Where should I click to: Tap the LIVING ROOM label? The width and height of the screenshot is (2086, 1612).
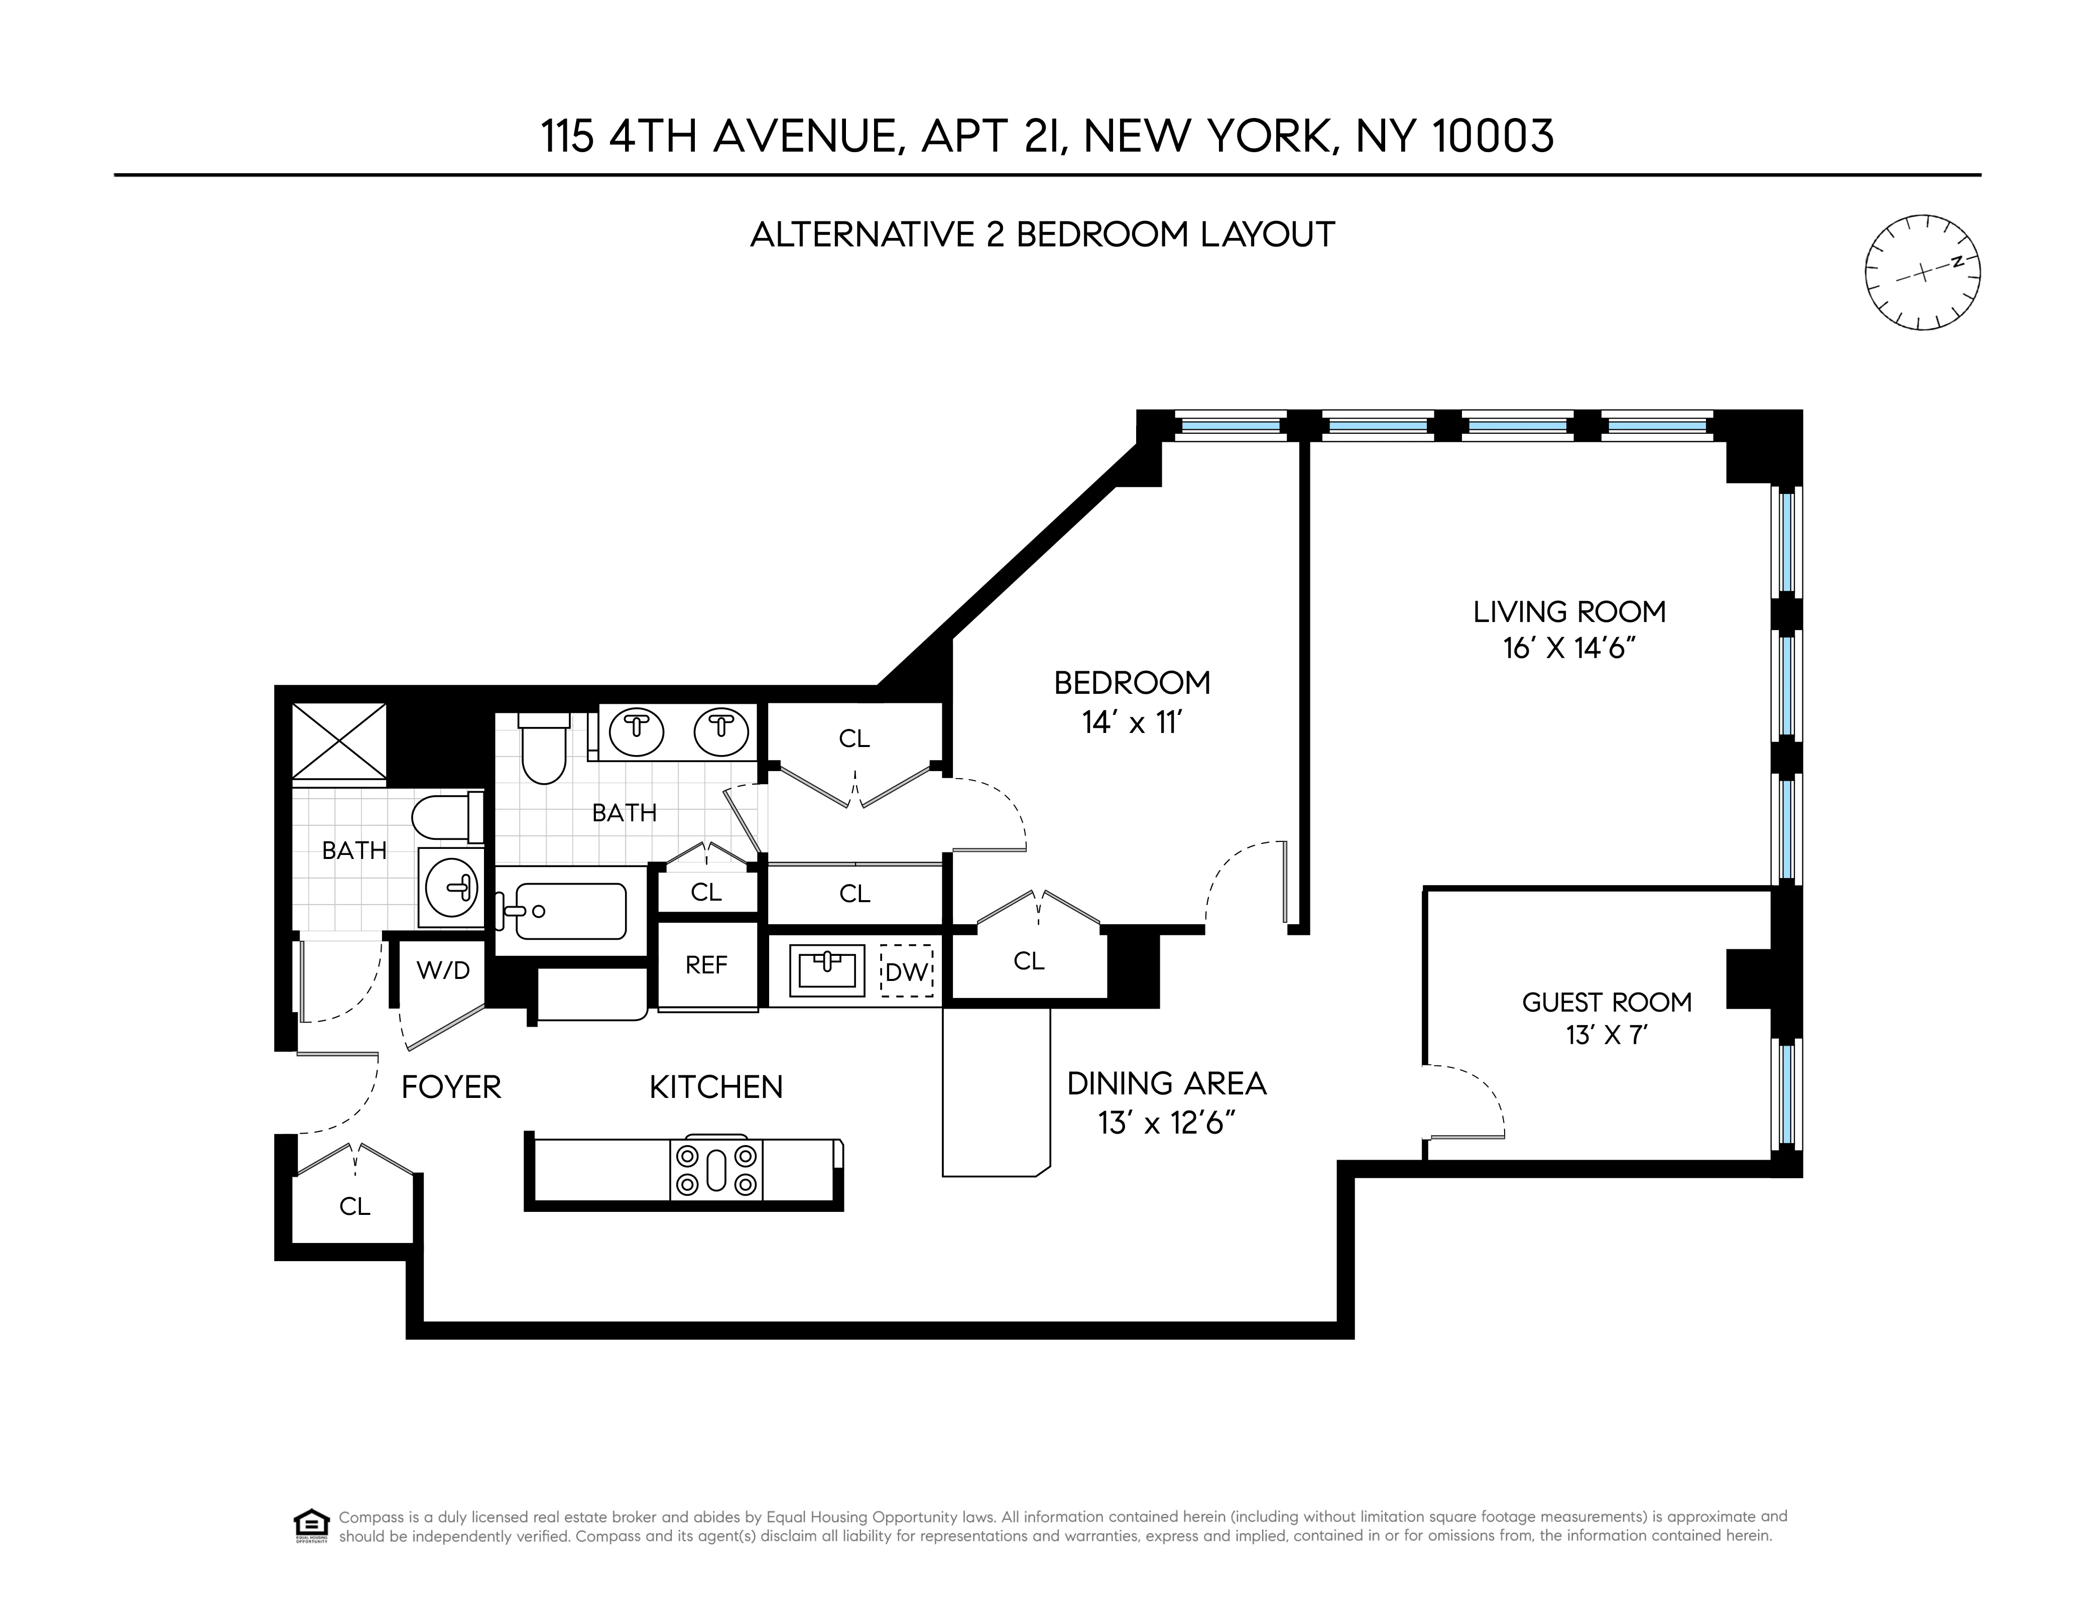pyautogui.click(x=1569, y=611)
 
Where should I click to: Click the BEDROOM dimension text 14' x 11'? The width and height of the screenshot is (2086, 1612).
pyautogui.click(x=1132, y=723)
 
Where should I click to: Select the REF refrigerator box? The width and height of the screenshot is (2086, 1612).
pyautogui.click(x=707, y=965)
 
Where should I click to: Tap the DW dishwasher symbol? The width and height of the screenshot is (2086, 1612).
pyautogui.click(x=906, y=972)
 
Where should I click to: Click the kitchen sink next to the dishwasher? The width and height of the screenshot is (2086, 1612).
pyautogui.click(x=826, y=970)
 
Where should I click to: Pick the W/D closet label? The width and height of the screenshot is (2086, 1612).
pyautogui.click(x=443, y=970)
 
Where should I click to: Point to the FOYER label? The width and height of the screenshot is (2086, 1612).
pyautogui.click(x=451, y=1087)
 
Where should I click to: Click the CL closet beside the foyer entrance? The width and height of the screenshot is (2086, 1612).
pyautogui.click(x=354, y=1206)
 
